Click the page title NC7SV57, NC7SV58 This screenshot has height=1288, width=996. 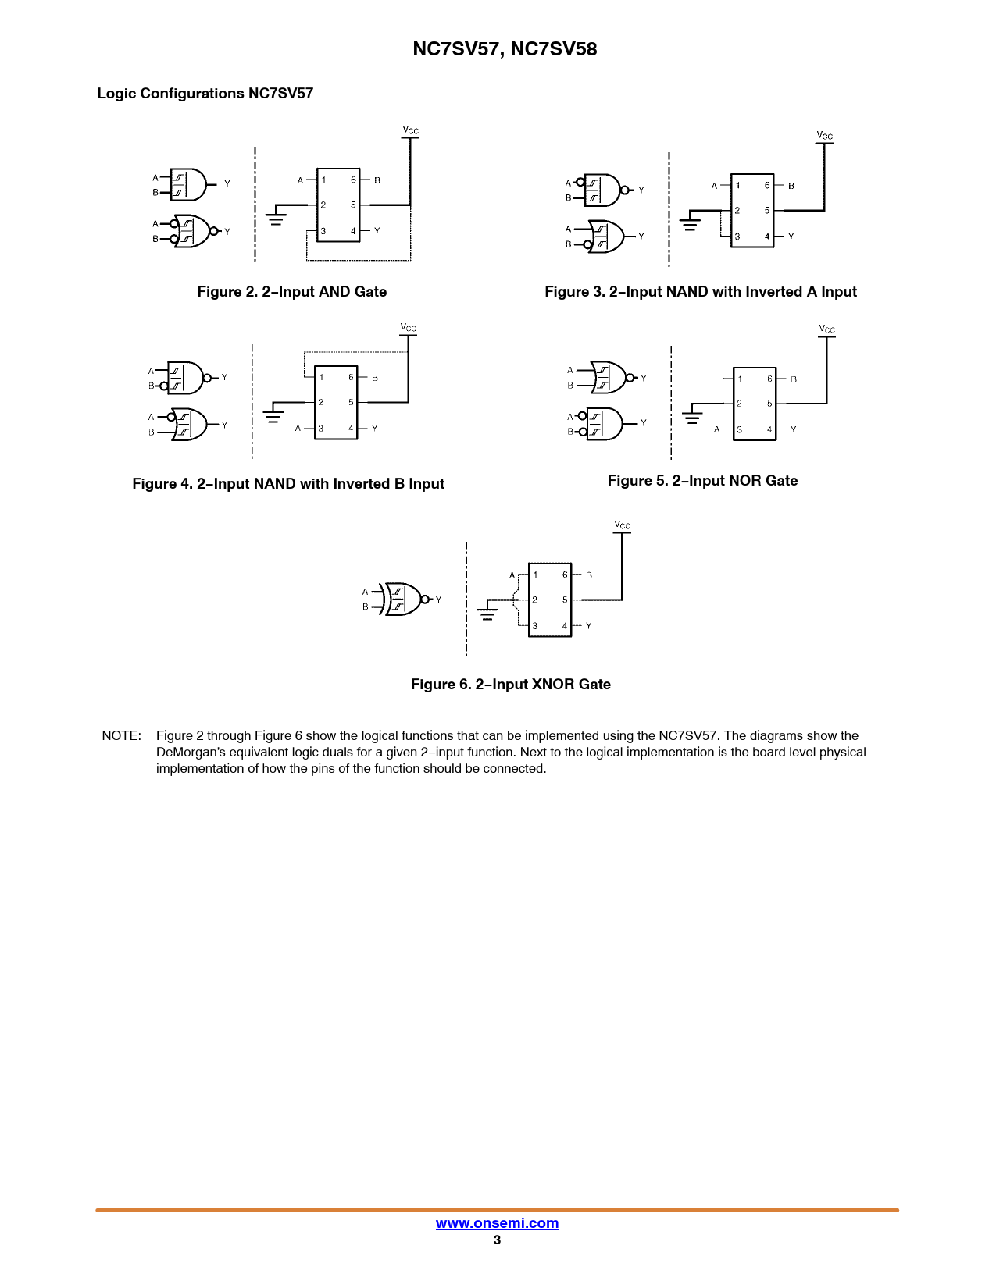(x=505, y=49)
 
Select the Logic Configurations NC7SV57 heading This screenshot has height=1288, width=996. (x=205, y=94)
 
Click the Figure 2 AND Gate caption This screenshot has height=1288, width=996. (x=291, y=292)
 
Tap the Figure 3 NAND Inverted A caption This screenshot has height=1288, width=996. (x=700, y=292)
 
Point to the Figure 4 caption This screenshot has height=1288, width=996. (x=288, y=484)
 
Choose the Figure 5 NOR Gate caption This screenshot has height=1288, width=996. (x=702, y=481)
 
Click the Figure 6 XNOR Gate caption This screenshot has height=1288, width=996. (x=510, y=685)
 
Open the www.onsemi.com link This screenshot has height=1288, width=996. (x=497, y=1223)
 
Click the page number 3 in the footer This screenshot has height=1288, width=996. (x=497, y=1240)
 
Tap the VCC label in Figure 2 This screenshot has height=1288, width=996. (x=410, y=130)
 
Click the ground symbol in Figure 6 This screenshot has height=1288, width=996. (x=487, y=613)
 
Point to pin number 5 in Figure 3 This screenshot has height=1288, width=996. (x=767, y=211)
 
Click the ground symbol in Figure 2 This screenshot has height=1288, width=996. (x=276, y=218)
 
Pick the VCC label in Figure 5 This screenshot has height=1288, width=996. (x=826, y=329)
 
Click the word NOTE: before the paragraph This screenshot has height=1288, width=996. (x=121, y=736)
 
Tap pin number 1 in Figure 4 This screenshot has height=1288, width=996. (x=321, y=378)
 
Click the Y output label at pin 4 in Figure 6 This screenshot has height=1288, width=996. (x=588, y=626)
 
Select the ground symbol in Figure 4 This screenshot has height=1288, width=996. (x=273, y=415)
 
